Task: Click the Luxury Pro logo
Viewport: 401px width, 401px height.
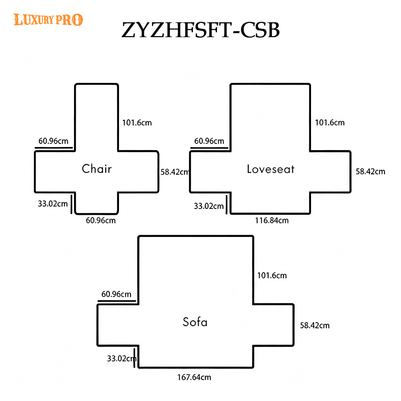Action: [x=48, y=20]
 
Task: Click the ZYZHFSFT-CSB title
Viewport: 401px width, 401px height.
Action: [x=200, y=30]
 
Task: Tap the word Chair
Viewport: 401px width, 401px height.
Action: [x=97, y=169]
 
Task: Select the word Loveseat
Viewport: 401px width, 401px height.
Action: [x=270, y=169]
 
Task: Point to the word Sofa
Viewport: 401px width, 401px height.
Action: [x=195, y=322]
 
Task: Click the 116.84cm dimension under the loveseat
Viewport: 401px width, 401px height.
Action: [x=272, y=221]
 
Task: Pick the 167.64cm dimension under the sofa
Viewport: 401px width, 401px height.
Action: [x=194, y=377]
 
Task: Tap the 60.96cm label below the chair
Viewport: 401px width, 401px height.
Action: [x=101, y=221]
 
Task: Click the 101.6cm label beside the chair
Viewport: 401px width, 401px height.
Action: [x=137, y=123]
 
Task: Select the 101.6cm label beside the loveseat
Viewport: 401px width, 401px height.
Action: [x=330, y=123]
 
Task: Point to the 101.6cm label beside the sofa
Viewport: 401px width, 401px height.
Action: [x=272, y=275]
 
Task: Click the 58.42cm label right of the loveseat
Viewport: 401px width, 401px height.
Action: [x=370, y=172]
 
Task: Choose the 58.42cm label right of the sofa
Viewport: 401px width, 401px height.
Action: [x=315, y=325]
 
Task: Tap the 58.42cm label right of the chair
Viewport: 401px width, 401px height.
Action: [x=175, y=172]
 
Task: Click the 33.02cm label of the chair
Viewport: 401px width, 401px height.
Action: [x=53, y=204]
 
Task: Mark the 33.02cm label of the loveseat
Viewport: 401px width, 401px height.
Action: [x=209, y=206]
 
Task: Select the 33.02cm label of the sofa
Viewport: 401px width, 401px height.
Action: [x=122, y=359]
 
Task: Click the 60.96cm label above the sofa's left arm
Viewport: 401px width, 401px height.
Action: [x=116, y=294]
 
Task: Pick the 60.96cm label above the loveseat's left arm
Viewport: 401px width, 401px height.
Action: [x=209, y=141]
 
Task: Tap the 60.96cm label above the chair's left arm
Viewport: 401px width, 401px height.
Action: [x=53, y=141]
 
